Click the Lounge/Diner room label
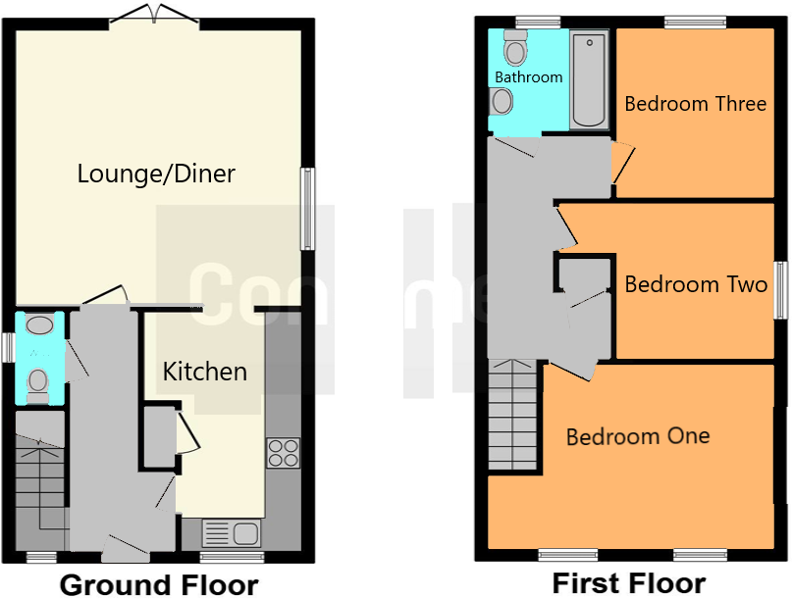(x=156, y=175)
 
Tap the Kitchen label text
(x=204, y=372)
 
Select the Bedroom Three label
(x=695, y=103)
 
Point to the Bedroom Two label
(x=695, y=284)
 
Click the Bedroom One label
(x=638, y=435)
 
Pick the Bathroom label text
(x=528, y=76)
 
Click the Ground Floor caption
(x=159, y=585)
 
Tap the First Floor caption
(x=628, y=583)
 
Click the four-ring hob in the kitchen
(x=283, y=452)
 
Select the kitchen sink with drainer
(x=232, y=532)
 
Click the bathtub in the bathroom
(x=589, y=79)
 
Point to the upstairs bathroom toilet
(x=514, y=47)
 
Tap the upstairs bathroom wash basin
(x=502, y=100)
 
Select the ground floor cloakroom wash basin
(x=40, y=325)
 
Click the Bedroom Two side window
(x=782, y=289)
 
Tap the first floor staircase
(x=512, y=414)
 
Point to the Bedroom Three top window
(x=694, y=22)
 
